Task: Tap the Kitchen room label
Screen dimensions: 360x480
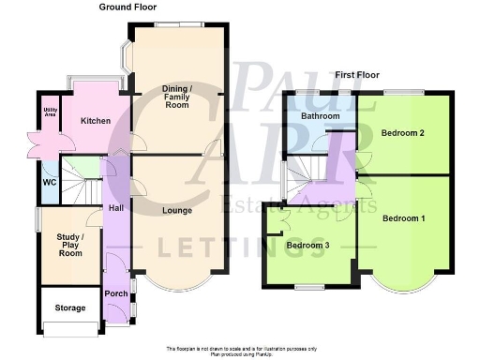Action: (97, 121)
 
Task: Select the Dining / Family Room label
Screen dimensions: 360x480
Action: (174, 93)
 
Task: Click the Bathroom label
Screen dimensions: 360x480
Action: (321, 116)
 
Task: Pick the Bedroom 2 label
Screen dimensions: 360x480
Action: (403, 133)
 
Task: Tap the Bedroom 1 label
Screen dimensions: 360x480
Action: (404, 218)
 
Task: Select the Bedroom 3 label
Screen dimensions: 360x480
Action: (307, 245)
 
